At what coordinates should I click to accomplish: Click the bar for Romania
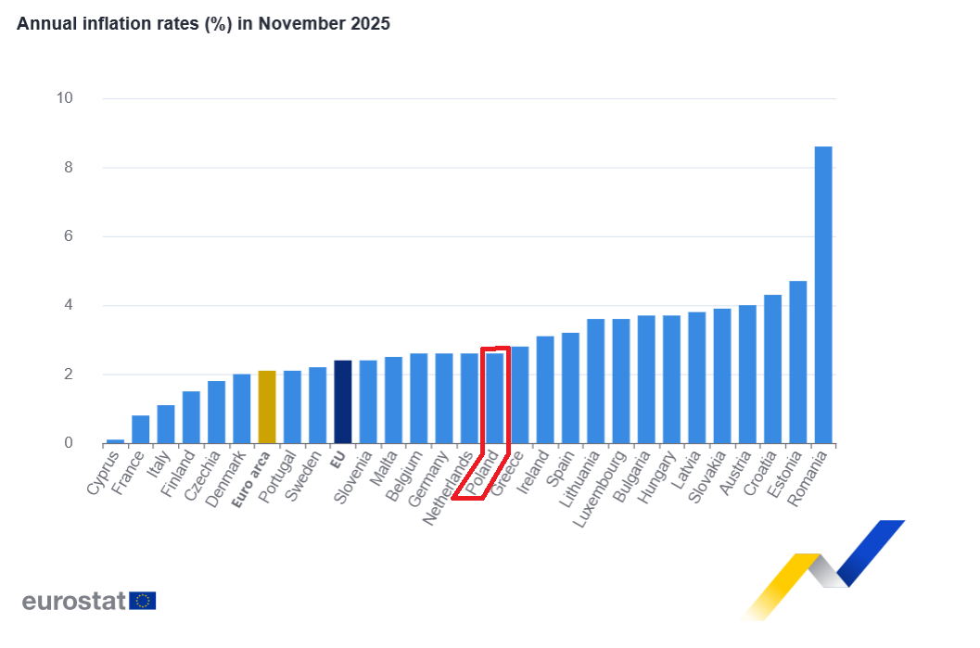[822, 295]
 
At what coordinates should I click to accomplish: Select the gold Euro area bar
[267, 407]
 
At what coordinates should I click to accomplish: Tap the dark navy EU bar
[342, 401]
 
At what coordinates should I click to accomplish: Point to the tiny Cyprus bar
[115, 441]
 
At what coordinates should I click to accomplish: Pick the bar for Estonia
[797, 362]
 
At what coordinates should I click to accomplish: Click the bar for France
[140, 429]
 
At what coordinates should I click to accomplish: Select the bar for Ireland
[545, 389]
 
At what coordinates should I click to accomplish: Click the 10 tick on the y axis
[65, 98]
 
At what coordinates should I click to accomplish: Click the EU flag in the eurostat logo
[143, 601]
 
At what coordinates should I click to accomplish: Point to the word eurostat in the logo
[74, 601]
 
